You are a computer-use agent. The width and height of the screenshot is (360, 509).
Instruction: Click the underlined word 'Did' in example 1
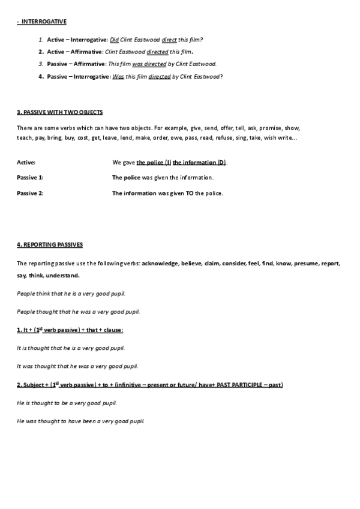pos(115,40)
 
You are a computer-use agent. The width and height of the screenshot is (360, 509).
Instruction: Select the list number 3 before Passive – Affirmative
pos(41,63)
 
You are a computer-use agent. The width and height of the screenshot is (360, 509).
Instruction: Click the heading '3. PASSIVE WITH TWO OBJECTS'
pos(59,112)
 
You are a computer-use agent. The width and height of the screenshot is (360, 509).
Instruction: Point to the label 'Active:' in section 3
pos(26,163)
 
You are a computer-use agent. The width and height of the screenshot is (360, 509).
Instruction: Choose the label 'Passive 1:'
pos(30,178)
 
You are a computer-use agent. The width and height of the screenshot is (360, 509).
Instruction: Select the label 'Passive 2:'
pos(30,193)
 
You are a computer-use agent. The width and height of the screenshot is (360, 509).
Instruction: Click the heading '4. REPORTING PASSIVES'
pos(50,244)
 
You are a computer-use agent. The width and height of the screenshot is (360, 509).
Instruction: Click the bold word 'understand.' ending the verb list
pos(63,276)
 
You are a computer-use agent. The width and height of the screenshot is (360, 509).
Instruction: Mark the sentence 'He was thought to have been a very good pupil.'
pos(80,421)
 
